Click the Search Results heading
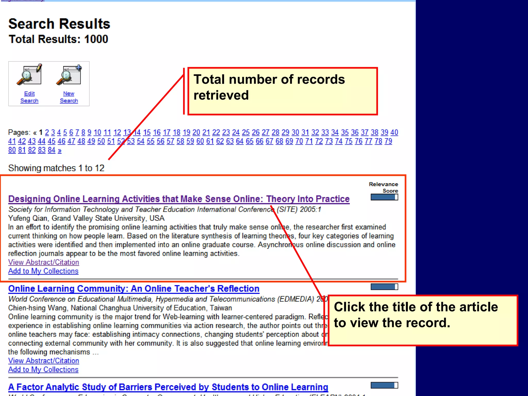point(59,24)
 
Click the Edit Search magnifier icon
point(29,75)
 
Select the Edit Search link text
point(29,97)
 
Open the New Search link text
point(69,97)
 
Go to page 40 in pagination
point(394,133)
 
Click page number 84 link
point(52,150)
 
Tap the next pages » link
point(60,150)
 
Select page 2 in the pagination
point(47,133)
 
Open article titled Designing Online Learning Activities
point(179,199)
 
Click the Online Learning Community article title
point(134,289)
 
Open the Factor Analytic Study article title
point(168,387)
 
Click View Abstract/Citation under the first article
point(44,262)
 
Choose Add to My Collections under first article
point(43,271)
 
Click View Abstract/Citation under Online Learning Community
point(44,361)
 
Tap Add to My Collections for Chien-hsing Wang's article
point(43,370)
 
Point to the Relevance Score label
point(383,187)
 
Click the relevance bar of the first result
point(384,197)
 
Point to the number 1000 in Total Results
point(96,39)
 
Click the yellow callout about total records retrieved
point(282,91)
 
